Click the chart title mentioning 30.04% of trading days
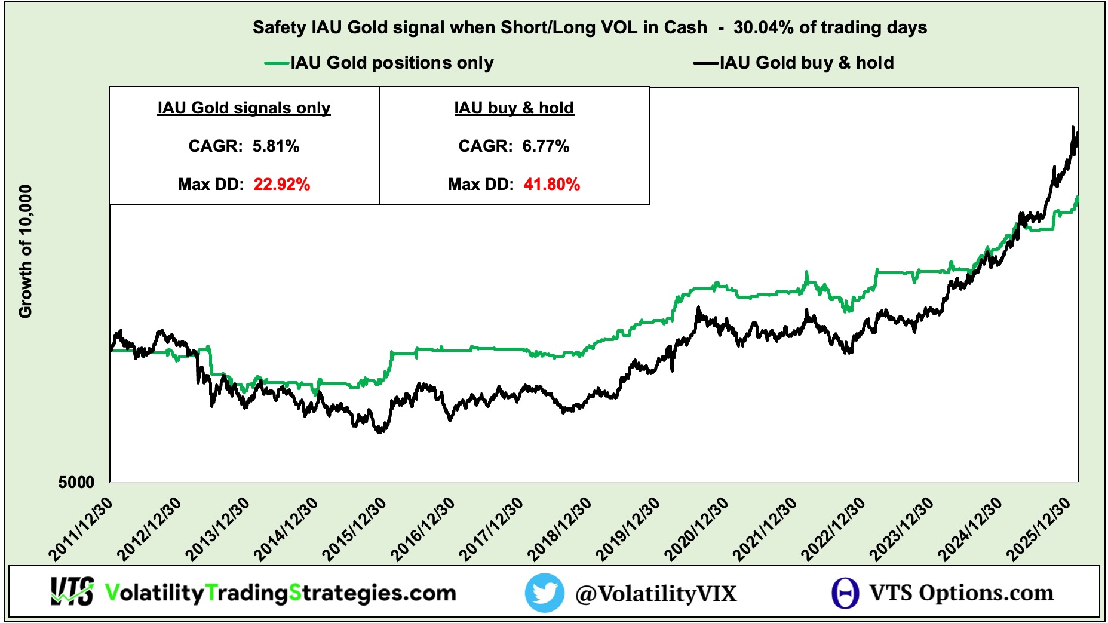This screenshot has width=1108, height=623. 590,27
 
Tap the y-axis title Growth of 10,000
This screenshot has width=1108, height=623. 25,251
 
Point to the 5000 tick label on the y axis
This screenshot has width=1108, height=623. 76,482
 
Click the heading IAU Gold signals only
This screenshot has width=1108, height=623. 244,108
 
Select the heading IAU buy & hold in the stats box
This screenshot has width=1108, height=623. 514,108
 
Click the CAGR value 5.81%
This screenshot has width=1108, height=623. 276,146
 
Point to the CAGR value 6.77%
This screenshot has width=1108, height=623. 546,146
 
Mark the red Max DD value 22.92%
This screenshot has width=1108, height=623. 282,185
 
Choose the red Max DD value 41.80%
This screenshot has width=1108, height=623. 552,185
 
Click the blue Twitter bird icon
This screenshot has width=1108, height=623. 544,593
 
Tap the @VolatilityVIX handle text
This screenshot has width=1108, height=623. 656,594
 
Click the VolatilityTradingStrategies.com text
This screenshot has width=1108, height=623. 281,593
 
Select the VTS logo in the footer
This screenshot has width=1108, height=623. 72,592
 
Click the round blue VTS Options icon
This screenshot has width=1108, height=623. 845,593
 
